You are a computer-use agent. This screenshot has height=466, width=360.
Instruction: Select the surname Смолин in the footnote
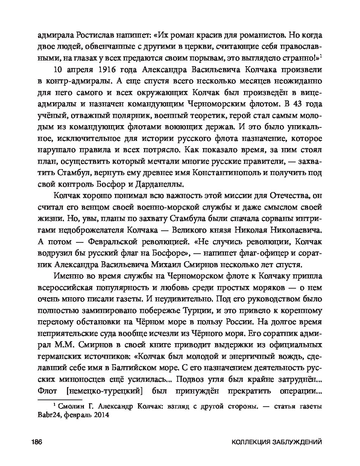72,406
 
